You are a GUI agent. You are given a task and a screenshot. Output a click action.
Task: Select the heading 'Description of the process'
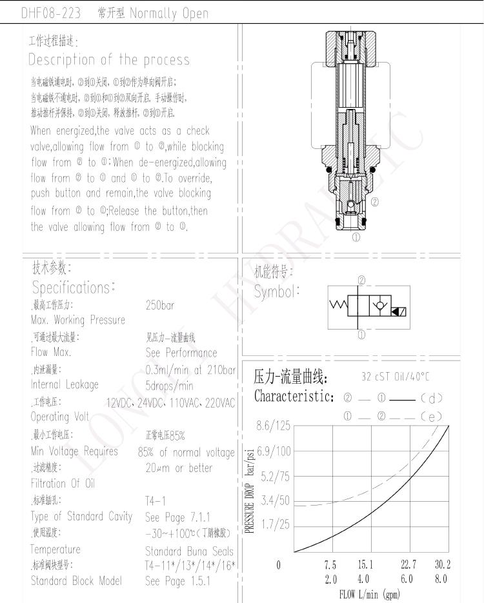[109, 60]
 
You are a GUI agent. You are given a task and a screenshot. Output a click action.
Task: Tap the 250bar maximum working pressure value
[160, 305]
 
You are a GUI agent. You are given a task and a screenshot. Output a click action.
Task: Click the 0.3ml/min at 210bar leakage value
[190, 370]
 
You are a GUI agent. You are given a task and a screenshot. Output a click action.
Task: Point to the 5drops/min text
[169, 386]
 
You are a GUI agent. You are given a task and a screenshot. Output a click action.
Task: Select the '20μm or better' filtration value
[179, 468]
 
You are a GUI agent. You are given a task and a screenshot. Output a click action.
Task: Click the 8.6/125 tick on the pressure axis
[274, 426]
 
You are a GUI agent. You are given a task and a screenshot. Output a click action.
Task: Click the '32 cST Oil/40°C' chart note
[395, 377]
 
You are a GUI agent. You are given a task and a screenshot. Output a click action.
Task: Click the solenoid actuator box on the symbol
[399, 313]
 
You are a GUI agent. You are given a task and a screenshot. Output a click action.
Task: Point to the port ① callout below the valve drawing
[356, 237]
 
